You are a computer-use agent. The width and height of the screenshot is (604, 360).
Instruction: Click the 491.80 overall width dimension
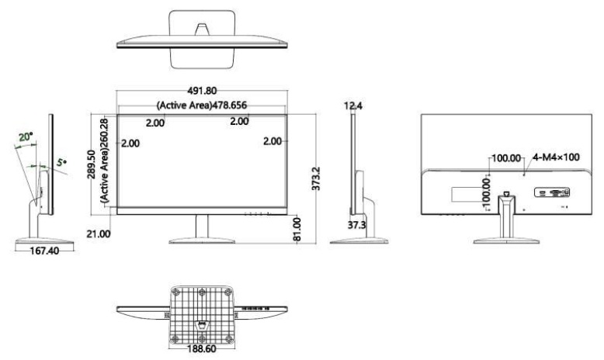tap(202, 91)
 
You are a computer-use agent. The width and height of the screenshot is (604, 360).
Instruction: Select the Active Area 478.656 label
tap(201, 105)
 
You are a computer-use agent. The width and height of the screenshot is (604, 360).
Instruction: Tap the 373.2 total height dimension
tap(316, 178)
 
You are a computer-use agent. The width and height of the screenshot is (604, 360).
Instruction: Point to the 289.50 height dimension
tap(92, 164)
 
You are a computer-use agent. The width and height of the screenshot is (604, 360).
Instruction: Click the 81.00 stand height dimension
tap(297, 230)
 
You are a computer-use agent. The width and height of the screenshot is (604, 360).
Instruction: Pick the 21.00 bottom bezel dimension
tap(99, 234)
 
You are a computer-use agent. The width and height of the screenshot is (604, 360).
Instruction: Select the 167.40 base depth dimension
tap(45, 251)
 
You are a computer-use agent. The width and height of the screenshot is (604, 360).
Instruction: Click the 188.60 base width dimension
tap(202, 349)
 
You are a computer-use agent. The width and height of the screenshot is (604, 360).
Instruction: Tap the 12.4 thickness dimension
tap(353, 106)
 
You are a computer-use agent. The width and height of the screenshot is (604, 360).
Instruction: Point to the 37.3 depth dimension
tap(356, 225)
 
